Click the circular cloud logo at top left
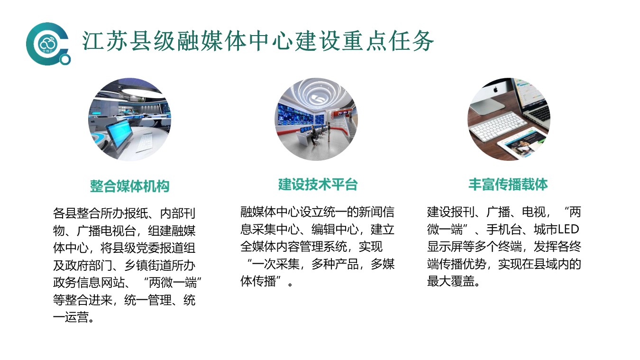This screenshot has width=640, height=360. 47,44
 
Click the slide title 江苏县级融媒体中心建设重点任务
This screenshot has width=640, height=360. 258,41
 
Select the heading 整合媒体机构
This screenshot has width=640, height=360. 130,186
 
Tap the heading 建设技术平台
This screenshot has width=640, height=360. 318,185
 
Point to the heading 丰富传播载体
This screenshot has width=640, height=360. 508,185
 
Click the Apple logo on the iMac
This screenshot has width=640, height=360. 495,90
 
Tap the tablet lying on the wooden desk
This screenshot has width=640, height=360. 521,143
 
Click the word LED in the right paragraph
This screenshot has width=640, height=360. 568,229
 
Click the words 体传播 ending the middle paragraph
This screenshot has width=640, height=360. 258,281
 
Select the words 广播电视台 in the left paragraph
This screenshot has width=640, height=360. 106,231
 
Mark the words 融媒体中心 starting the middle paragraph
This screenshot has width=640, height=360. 270,212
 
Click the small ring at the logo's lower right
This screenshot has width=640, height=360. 65,60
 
